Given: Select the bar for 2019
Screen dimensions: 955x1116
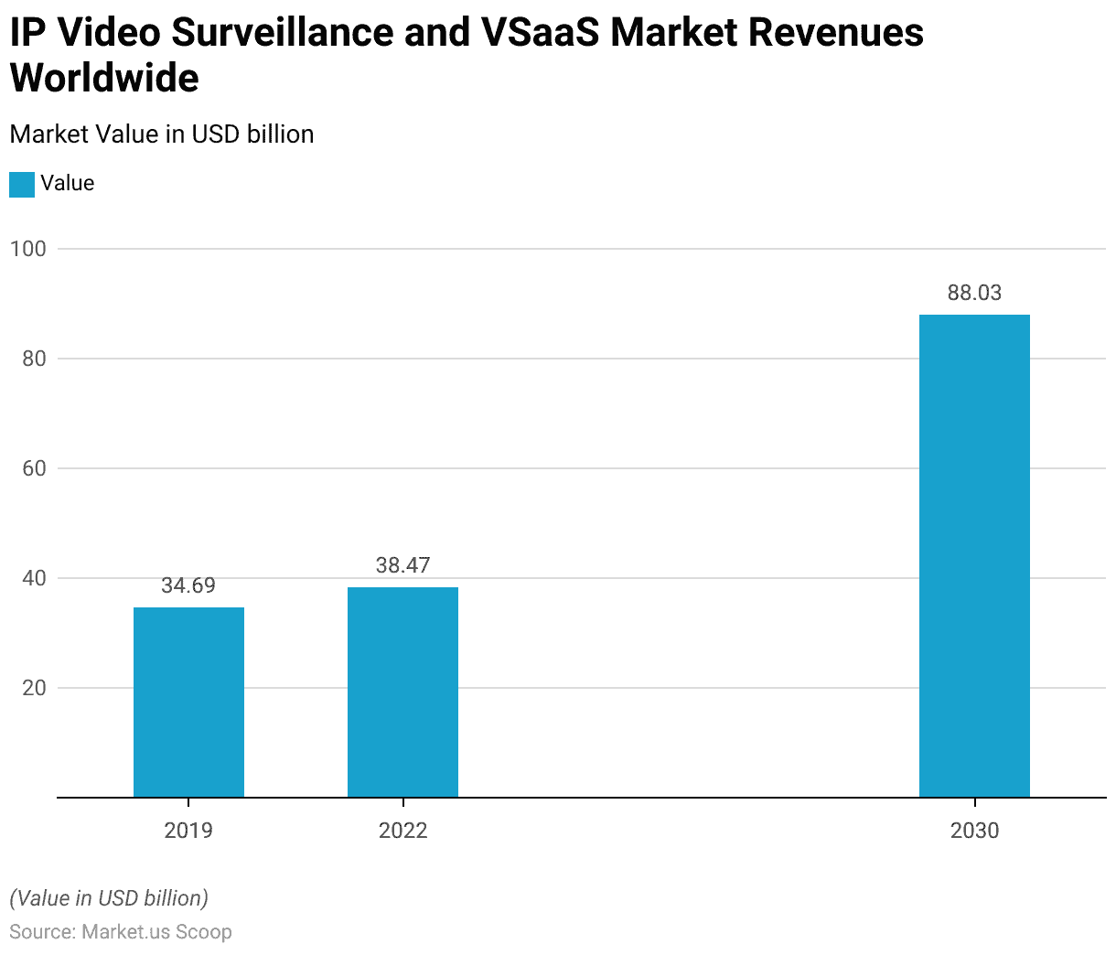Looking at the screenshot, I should pyautogui.click(x=188, y=702).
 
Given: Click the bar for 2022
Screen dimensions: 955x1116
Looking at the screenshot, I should pyautogui.click(x=402, y=692).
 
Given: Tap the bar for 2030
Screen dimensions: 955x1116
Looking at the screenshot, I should pyautogui.click(x=974, y=555).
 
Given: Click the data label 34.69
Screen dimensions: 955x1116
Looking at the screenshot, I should pyautogui.click(x=188, y=585).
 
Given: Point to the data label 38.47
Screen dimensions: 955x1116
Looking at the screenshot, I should pyautogui.click(x=402, y=565).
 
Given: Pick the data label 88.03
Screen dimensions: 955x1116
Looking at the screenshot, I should pyautogui.click(x=974, y=293).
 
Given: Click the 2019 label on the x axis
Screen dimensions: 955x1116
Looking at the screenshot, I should pyautogui.click(x=188, y=831).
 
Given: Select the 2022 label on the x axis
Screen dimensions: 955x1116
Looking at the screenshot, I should pyautogui.click(x=402, y=831).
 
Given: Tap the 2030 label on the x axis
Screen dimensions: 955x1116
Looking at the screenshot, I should pyautogui.click(x=974, y=831).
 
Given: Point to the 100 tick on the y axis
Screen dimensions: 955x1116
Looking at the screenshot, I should pyautogui.click(x=27, y=249).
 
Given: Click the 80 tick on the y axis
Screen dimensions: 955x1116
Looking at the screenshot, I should pyautogui.click(x=34, y=359).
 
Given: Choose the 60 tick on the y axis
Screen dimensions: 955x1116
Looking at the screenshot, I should pyautogui.click(x=34, y=468).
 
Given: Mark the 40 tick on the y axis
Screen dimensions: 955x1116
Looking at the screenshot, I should pyautogui.click(x=34, y=578).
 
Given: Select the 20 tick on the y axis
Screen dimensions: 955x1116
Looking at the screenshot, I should pyautogui.click(x=34, y=688).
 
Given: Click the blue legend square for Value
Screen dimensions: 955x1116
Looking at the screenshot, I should pyautogui.click(x=22, y=184).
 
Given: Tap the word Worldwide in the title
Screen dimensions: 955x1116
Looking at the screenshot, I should pyautogui.click(x=104, y=78).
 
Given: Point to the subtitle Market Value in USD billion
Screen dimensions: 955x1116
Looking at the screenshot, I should pyautogui.click(x=162, y=134).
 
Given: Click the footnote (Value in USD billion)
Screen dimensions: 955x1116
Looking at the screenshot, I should pyautogui.click(x=109, y=898).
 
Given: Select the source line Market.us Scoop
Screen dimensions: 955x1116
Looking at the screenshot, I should pyautogui.click(x=121, y=932).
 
